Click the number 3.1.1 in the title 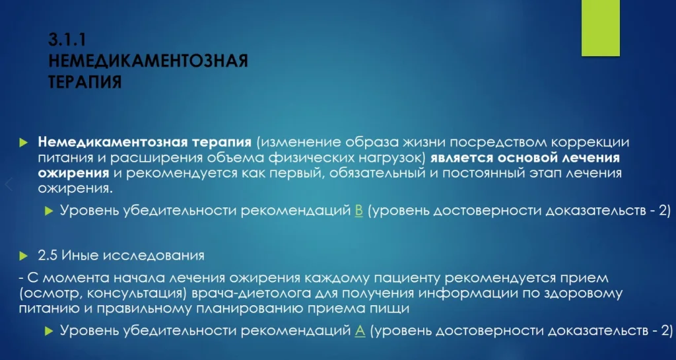click(x=67, y=40)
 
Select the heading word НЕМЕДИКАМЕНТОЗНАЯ click(x=149, y=61)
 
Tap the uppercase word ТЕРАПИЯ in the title click(x=85, y=81)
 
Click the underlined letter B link click(x=358, y=211)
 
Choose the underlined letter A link click(x=360, y=331)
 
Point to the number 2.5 click(x=48, y=256)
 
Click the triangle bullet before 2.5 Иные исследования click(x=23, y=256)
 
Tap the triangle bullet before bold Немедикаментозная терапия click(x=23, y=143)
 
